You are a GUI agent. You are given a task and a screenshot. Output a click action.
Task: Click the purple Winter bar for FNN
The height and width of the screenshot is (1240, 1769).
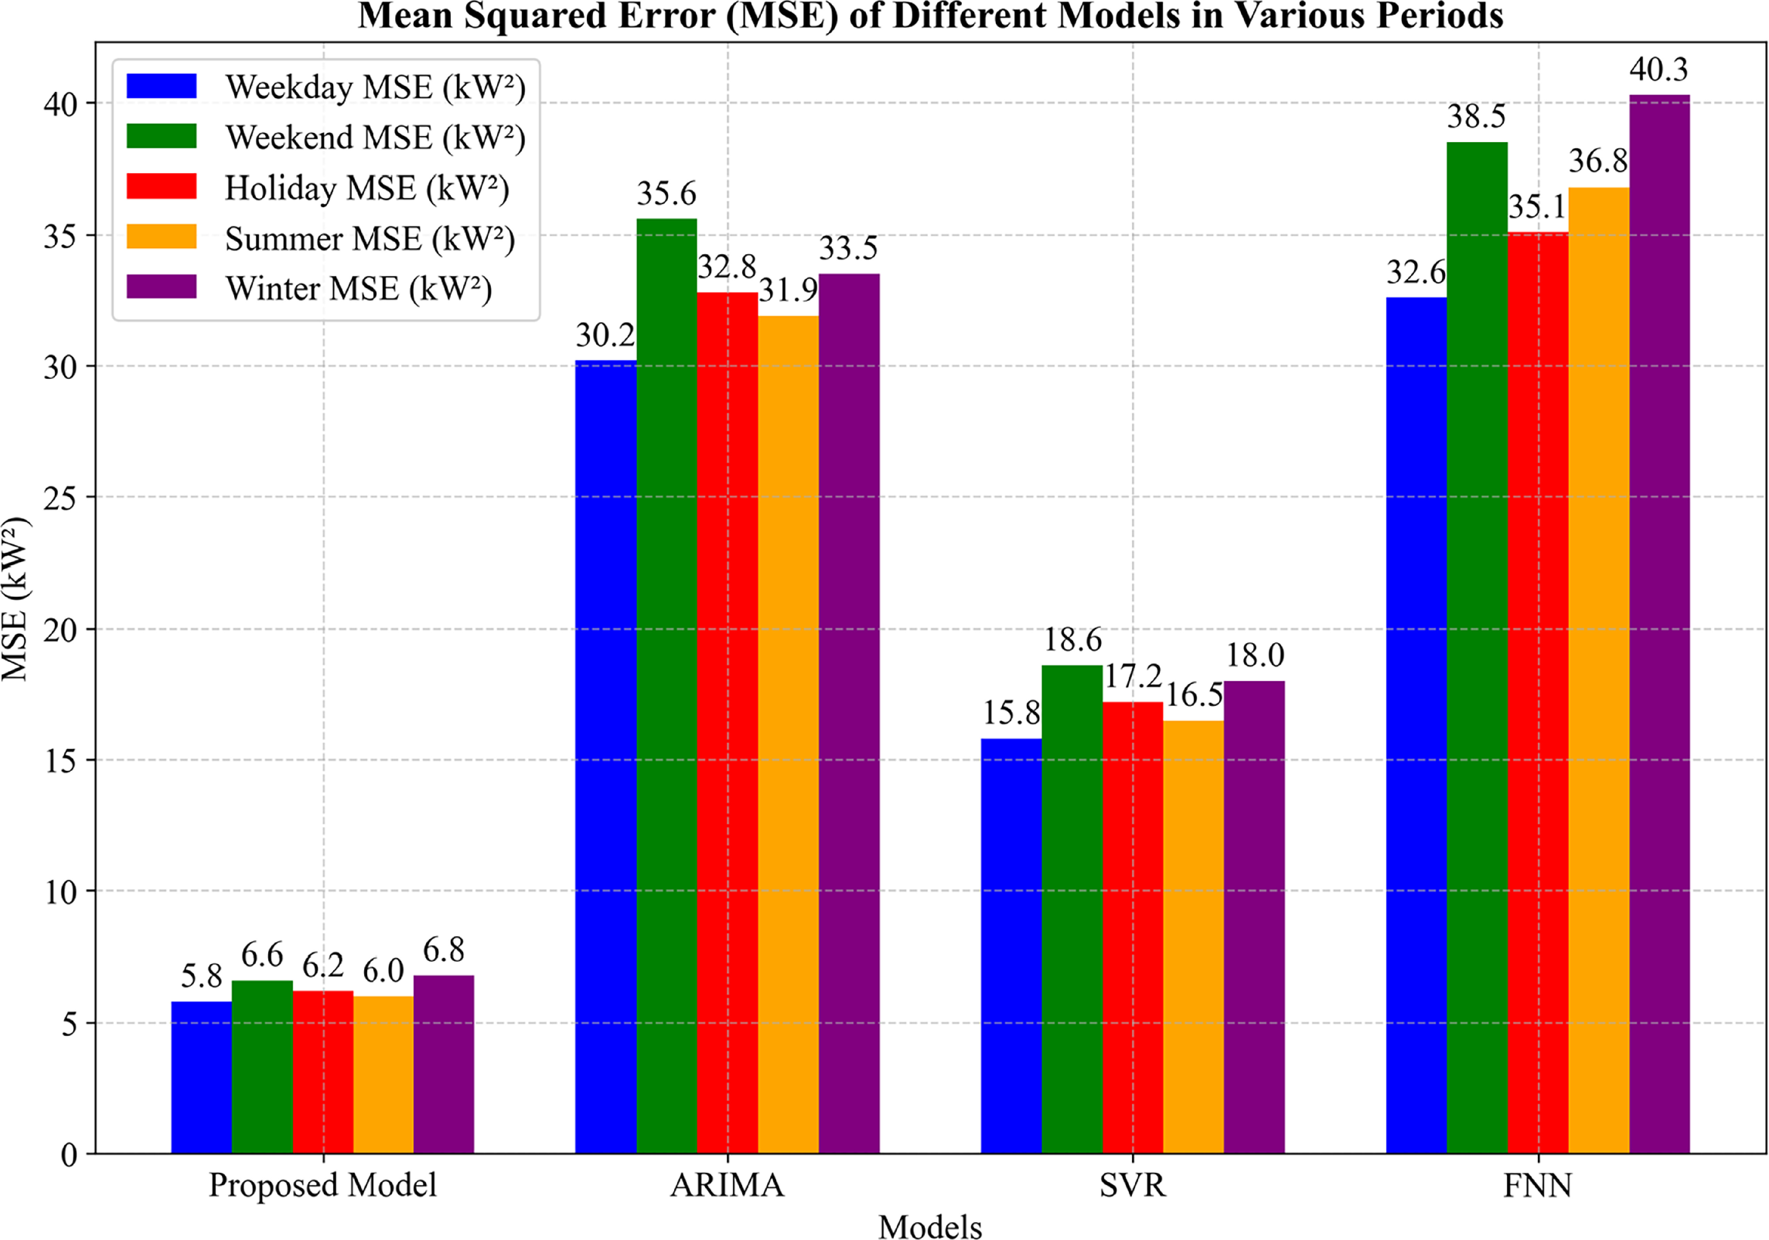[x=1660, y=624]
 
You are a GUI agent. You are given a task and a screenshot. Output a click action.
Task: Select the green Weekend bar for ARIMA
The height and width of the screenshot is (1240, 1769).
[x=666, y=686]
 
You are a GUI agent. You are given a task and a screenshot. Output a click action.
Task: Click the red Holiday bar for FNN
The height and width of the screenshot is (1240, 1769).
[x=1538, y=693]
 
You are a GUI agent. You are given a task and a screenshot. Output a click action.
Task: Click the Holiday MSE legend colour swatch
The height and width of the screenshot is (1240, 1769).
[x=162, y=186]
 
